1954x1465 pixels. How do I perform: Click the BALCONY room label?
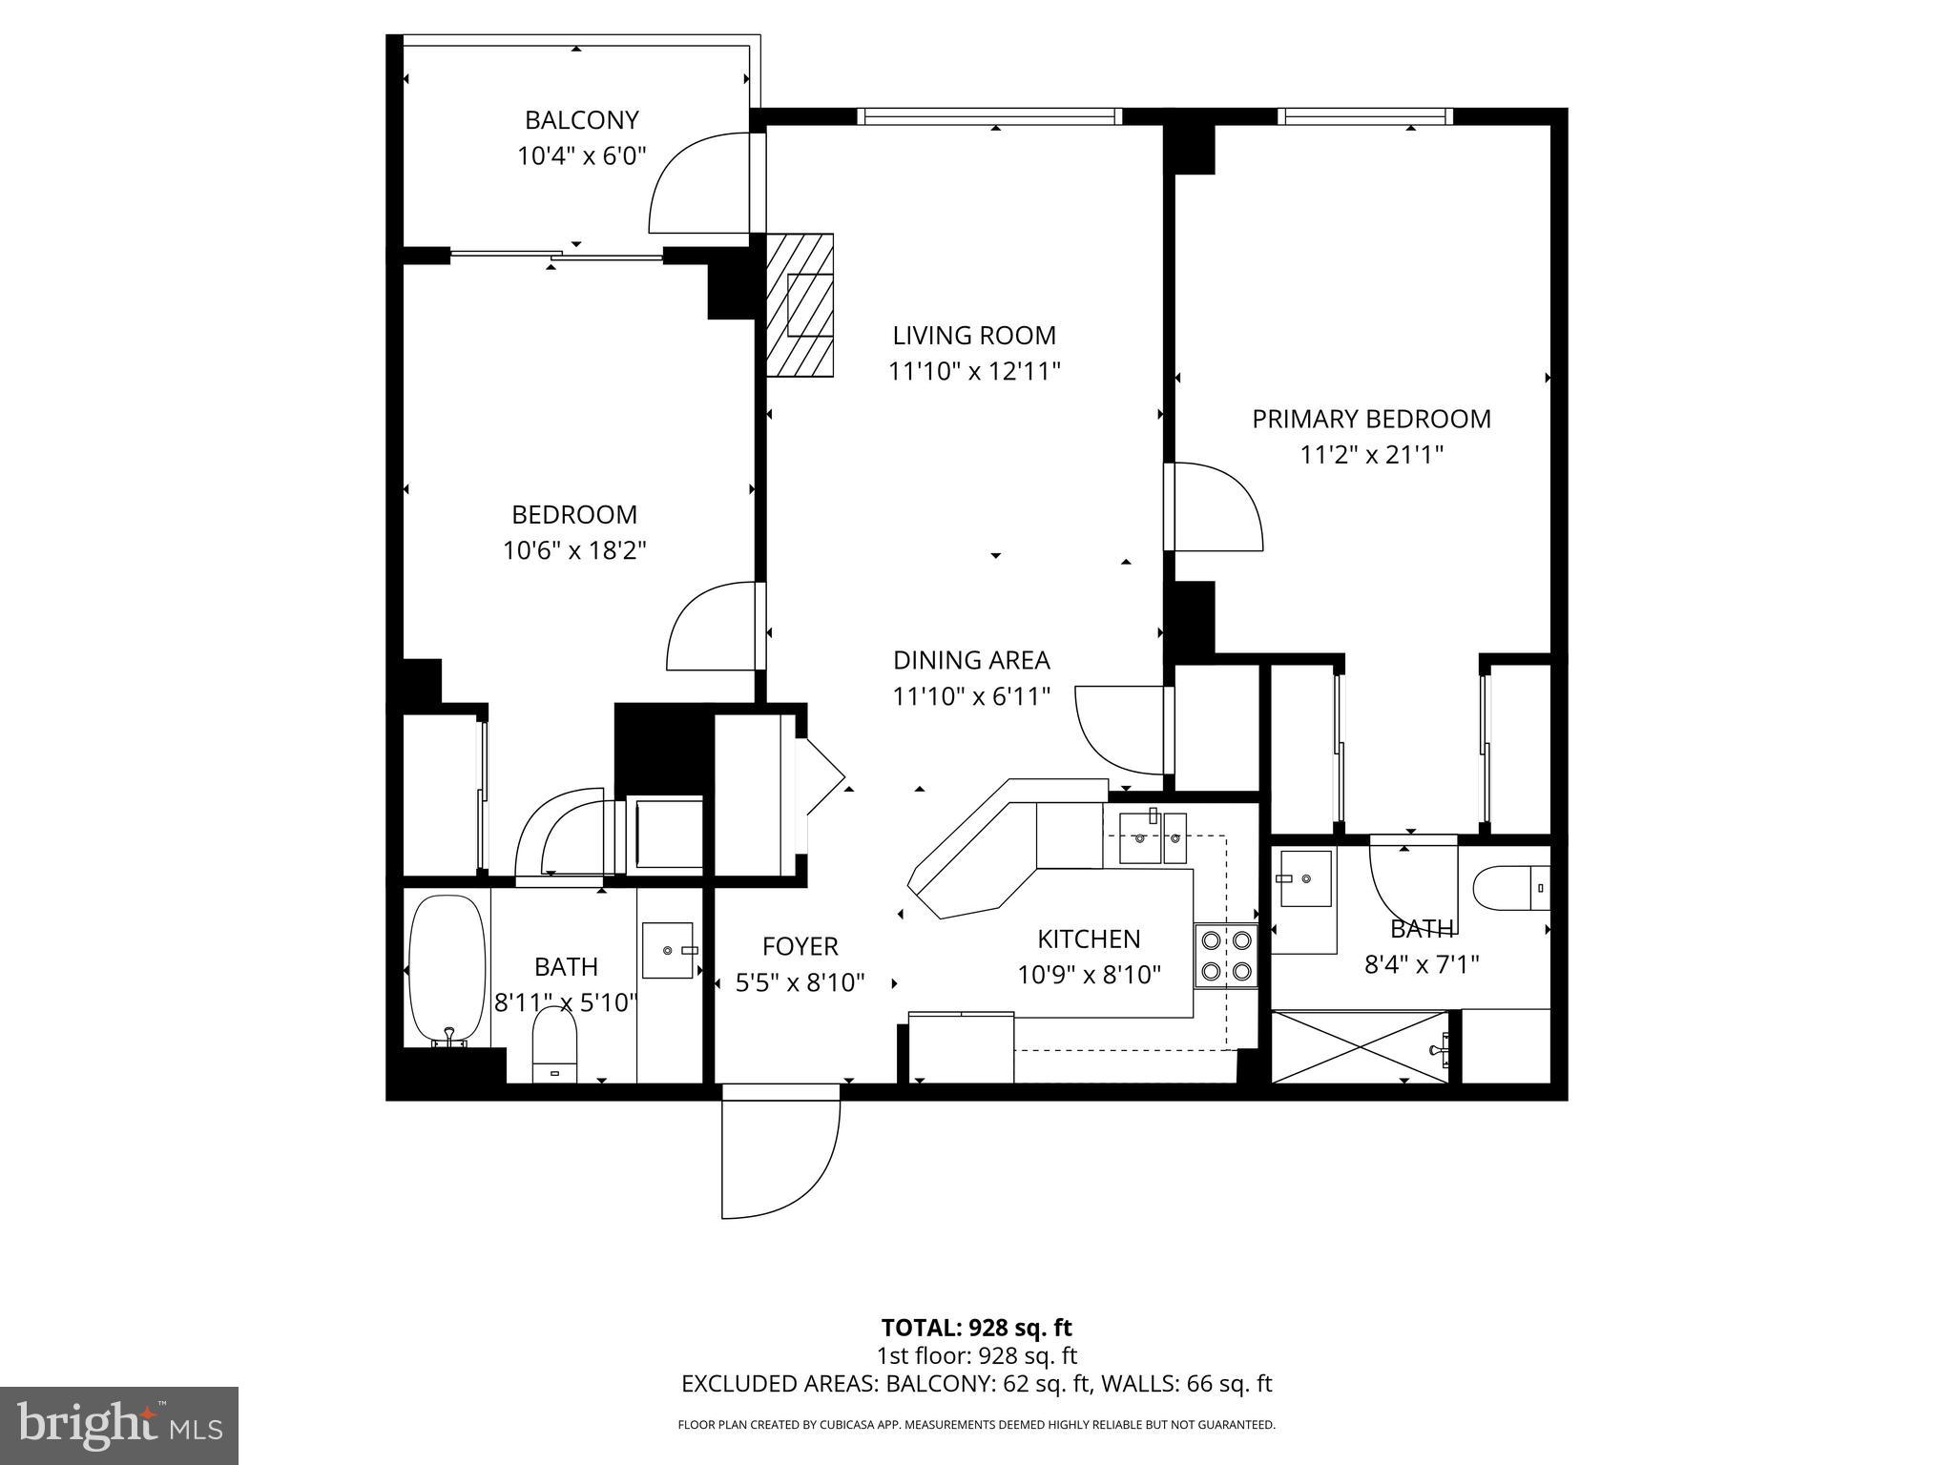point(581,120)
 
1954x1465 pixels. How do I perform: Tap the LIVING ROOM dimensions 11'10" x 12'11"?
point(974,371)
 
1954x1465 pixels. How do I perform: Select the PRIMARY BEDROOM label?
point(1371,419)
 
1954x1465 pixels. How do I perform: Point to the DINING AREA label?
point(971,660)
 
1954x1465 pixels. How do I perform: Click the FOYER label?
point(800,946)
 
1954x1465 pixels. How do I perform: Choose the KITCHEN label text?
point(1089,939)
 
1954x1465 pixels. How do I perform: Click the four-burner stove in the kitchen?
point(1226,956)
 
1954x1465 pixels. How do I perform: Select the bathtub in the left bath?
point(447,969)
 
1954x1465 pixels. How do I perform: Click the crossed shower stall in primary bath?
point(1360,1047)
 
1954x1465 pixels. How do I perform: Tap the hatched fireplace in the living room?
point(800,305)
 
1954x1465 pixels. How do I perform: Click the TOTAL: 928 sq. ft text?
point(976,1328)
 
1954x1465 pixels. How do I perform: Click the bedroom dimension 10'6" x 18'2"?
point(574,550)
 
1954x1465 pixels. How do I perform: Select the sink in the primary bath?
point(1305,878)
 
